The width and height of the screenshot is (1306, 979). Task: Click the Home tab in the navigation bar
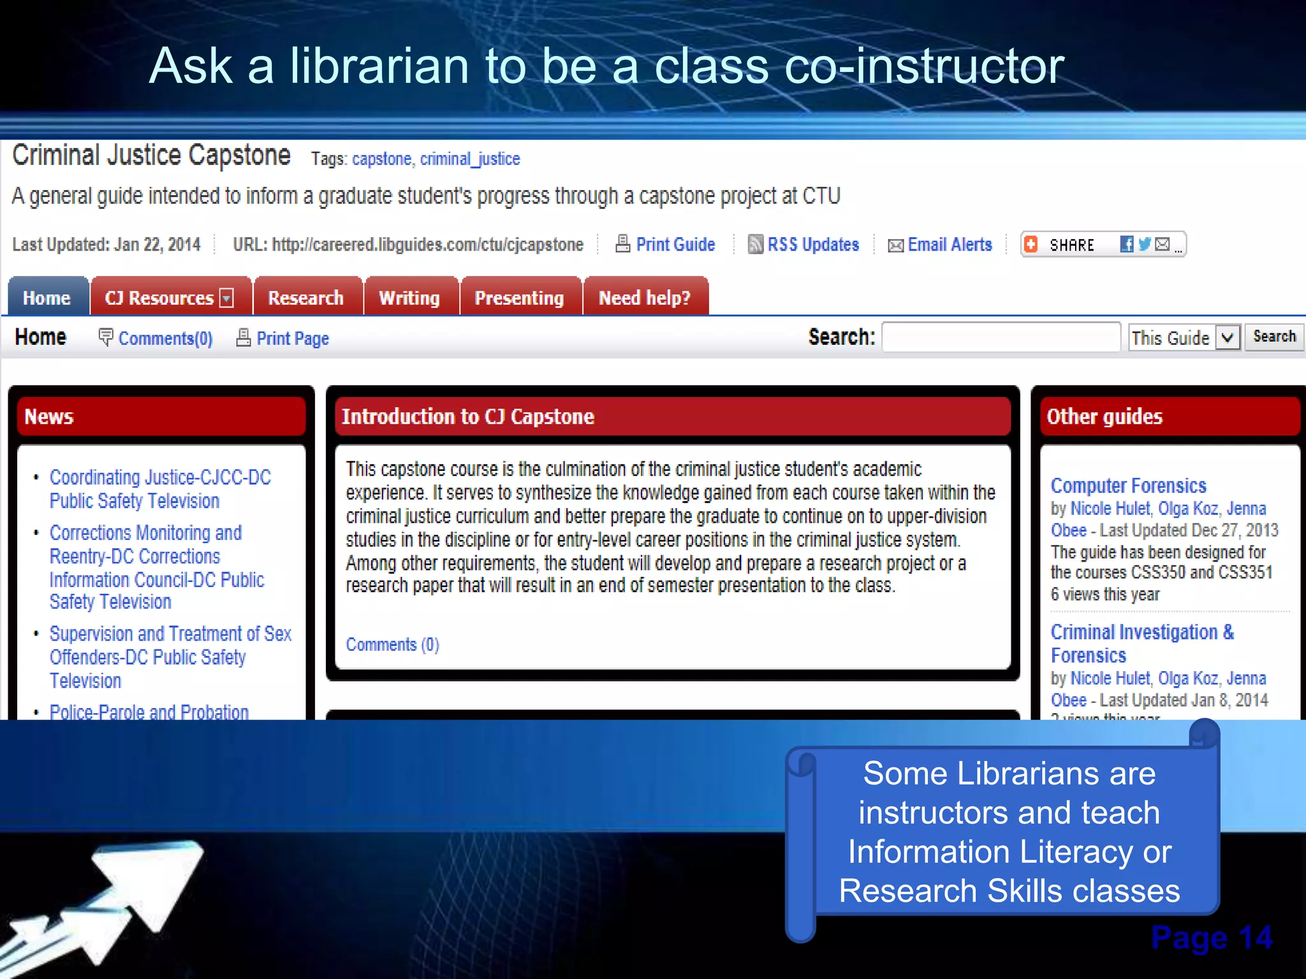[x=47, y=298]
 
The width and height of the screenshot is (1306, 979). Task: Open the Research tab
[x=306, y=298]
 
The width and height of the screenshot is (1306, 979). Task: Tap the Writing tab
[x=409, y=298]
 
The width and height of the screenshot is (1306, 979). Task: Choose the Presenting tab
[x=519, y=298]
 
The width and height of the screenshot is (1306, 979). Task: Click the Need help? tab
[x=644, y=298]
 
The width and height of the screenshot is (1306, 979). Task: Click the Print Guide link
[x=675, y=245]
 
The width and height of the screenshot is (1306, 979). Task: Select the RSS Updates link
[x=812, y=245]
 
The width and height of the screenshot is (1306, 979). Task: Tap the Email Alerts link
[x=950, y=245]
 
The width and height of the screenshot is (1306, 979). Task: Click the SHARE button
[x=1071, y=245]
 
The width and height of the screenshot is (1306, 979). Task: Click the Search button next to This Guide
[x=1273, y=337]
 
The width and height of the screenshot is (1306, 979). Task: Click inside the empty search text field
[x=1001, y=337]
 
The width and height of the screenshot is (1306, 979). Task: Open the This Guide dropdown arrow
[x=1228, y=337]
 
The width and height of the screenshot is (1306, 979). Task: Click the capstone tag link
[x=381, y=159]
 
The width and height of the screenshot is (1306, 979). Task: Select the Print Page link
[x=292, y=338]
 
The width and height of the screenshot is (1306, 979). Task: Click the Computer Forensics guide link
[x=1128, y=486]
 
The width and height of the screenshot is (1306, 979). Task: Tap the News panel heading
[x=49, y=417]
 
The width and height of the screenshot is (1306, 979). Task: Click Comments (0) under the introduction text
[x=392, y=644]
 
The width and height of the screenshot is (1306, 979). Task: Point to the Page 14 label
[x=1211, y=938]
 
